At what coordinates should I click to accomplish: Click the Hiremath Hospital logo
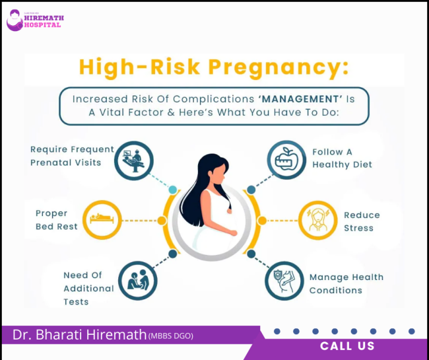click(x=34, y=20)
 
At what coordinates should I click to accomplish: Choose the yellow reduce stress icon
click(x=318, y=220)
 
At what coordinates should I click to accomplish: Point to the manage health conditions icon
click(x=284, y=281)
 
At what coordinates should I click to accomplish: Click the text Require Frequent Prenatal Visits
click(x=72, y=156)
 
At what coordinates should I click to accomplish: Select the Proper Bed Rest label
click(x=57, y=220)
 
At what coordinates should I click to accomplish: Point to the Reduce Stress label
click(x=362, y=221)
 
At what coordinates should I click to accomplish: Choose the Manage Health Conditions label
click(x=346, y=283)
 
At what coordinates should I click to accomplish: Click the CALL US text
click(x=347, y=346)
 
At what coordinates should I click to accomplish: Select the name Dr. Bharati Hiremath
click(x=79, y=335)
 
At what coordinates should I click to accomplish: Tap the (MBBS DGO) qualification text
click(x=171, y=336)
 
